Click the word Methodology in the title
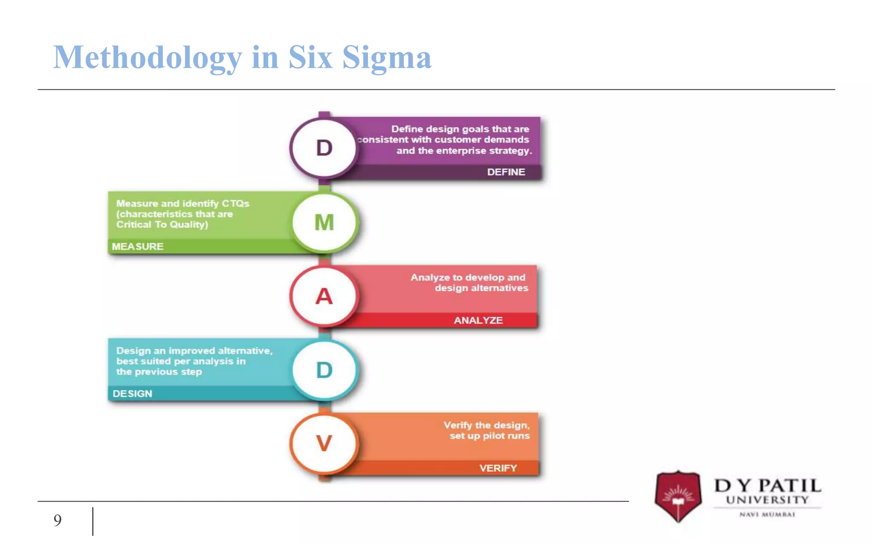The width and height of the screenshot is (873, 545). point(147,57)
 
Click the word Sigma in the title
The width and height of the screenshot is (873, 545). point(387,57)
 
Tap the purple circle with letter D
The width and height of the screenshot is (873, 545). point(324,148)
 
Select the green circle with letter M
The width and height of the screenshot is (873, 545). point(324,222)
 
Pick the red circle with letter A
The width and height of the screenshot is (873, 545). point(324,296)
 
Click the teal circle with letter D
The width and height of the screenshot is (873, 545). point(324,370)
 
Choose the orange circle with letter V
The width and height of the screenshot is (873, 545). point(324,443)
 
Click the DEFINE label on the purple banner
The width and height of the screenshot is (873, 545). point(506,172)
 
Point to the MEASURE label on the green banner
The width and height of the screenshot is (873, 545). point(138,247)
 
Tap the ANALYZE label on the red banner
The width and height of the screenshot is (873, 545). point(478,320)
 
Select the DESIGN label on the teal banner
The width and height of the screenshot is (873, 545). point(132,394)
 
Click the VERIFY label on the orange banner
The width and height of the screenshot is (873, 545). point(498,468)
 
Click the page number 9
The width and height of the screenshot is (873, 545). point(58,520)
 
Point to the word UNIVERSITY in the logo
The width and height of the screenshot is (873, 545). point(767,500)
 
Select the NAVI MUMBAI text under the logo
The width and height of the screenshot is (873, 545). point(767,514)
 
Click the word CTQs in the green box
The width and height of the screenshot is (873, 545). point(235,204)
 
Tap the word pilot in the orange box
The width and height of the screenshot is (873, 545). point(493,436)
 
